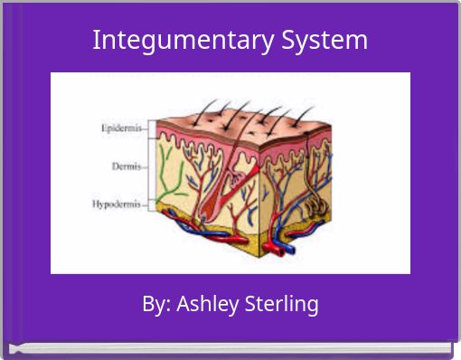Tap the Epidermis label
pos(120,128)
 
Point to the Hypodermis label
pos(116,204)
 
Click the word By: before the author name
pos(156,304)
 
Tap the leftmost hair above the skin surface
pos(177,109)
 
